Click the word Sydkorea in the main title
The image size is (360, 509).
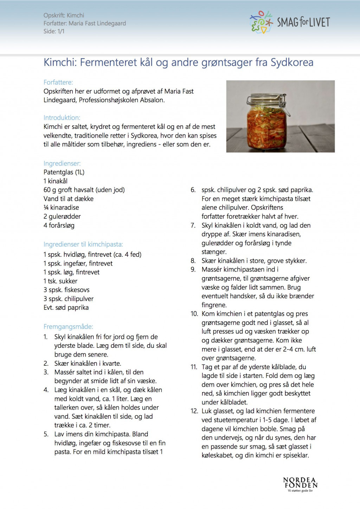click(292, 63)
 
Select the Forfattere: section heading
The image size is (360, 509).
click(58, 82)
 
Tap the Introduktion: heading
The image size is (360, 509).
click(62, 118)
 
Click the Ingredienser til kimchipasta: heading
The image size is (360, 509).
click(83, 244)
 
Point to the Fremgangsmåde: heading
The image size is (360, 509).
click(68, 327)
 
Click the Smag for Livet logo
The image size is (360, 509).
click(290, 22)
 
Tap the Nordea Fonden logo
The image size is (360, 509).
click(300, 484)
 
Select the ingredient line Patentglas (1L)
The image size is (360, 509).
click(64, 172)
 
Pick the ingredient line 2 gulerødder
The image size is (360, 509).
click(62, 216)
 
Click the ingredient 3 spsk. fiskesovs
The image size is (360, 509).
click(66, 290)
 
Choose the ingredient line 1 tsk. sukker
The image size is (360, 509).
click(60, 281)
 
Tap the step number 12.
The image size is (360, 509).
click(194, 411)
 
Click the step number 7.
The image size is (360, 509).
click(193, 225)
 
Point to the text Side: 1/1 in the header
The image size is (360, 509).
click(54, 31)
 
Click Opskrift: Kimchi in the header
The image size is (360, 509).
click(64, 15)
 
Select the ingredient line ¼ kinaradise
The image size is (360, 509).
click(61, 208)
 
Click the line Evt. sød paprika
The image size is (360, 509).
click(66, 308)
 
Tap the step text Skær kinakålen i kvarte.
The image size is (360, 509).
click(88, 363)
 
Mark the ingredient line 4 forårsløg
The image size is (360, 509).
click(59, 225)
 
